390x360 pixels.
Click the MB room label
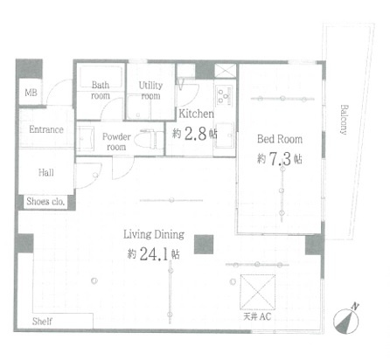pyautogui.click(x=31, y=93)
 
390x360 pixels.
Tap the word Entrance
pyautogui.click(x=46, y=129)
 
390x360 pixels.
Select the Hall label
pyautogui.click(x=46, y=172)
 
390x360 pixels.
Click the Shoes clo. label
pyautogui.click(x=45, y=201)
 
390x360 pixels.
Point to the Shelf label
pyautogui.click(x=42, y=322)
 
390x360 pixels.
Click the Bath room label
pyautogui.click(x=101, y=90)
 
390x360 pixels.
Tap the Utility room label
pyautogui.click(x=150, y=90)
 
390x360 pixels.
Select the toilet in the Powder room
pyautogui.click(x=150, y=140)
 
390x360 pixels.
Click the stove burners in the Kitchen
pyautogui.click(x=225, y=96)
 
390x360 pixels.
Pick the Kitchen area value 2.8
pyautogui.click(x=196, y=134)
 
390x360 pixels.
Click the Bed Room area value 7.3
pyautogui.click(x=280, y=159)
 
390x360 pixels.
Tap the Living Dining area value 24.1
pyautogui.click(x=154, y=253)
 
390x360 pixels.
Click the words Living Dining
pyautogui.click(x=154, y=234)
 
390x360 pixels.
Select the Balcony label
pyautogui.click(x=345, y=120)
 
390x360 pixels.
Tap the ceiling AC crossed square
pyautogui.click(x=258, y=292)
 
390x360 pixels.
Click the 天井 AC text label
pyautogui.click(x=257, y=316)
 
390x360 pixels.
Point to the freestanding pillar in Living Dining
pyautogui.click(x=204, y=245)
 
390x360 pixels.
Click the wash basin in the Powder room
pyautogui.click(x=85, y=139)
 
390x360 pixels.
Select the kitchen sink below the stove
pyautogui.click(x=225, y=135)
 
